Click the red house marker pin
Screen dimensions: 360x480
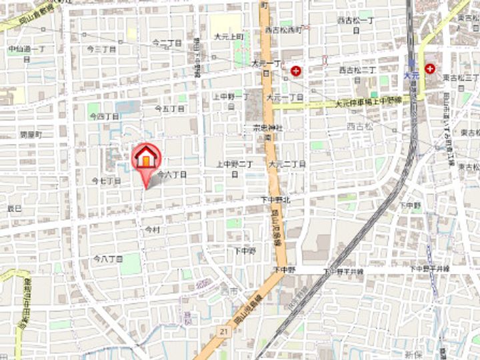point(147,158)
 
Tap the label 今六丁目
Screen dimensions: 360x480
point(171,174)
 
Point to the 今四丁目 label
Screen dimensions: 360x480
point(105,117)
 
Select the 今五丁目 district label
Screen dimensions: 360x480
point(169,108)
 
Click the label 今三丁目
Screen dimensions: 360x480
point(102,49)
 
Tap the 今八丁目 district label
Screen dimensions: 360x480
point(108,258)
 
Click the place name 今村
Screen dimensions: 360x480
point(153,229)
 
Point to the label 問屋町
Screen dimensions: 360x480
point(31,135)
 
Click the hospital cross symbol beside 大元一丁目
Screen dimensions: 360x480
point(295,70)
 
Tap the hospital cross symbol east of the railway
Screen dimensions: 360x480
point(430,68)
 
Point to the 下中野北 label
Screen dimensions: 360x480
point(275,199)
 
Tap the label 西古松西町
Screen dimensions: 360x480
point(283,30)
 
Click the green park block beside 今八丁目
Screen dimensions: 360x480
point(131,263)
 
